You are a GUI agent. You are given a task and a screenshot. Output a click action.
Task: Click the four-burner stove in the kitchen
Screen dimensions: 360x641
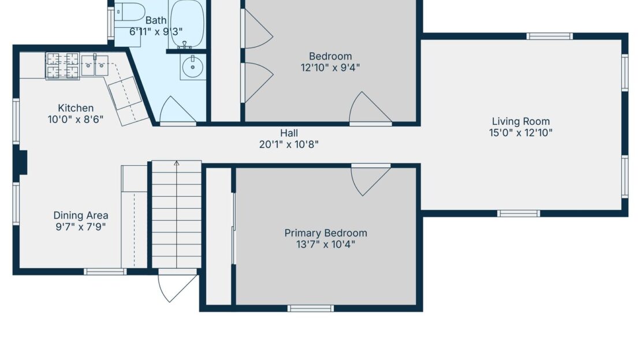[62, 65]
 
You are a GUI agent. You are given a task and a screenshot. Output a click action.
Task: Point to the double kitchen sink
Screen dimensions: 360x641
[95, 65]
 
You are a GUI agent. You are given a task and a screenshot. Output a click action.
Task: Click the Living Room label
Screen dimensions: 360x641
[520, 121]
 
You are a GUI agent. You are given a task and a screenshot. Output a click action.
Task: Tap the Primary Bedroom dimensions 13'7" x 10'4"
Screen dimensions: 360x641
[325, 244]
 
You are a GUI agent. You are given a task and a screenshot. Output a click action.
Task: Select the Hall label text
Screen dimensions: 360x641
[289, 133]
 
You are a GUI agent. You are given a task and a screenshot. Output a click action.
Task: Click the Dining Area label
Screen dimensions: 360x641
[81, 216]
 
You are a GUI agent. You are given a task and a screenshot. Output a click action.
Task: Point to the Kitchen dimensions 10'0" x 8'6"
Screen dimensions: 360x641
[76, 120]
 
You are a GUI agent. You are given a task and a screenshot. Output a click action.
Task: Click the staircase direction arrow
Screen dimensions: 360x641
[177, 164]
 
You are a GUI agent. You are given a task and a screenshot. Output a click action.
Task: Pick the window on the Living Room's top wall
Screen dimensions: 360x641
[549, 36]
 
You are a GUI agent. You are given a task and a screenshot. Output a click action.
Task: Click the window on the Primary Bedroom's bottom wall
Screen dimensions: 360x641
[311, 308]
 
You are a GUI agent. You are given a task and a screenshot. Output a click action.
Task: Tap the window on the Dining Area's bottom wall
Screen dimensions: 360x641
[105, 272]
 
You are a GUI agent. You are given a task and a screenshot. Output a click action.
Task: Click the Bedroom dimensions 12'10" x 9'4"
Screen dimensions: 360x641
[330, 68]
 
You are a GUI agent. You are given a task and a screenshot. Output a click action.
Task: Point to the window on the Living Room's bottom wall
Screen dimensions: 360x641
[518, 213]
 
